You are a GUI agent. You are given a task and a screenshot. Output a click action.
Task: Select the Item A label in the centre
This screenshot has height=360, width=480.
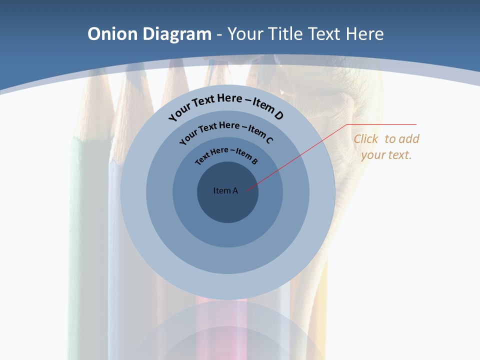click(225, 190)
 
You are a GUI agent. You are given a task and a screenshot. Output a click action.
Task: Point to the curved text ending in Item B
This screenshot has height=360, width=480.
click(226, 154)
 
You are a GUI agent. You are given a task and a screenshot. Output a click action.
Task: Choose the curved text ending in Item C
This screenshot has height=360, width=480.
click(226, 131)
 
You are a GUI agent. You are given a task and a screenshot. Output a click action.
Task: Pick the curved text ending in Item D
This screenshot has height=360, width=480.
click(226, 106)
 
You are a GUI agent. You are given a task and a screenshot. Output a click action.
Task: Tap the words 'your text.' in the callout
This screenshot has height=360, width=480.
click(386, 155)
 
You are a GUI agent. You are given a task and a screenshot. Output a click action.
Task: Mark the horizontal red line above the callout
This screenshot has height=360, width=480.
click(382, 124)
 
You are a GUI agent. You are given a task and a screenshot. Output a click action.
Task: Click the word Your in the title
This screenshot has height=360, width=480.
click(246, 34)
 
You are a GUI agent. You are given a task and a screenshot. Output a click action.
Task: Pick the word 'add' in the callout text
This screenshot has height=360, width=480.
click(409, 139)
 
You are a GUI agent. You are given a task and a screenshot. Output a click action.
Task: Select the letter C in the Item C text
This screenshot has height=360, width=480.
click(269, 140)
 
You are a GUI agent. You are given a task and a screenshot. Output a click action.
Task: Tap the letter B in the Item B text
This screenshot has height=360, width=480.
click(254, 161)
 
